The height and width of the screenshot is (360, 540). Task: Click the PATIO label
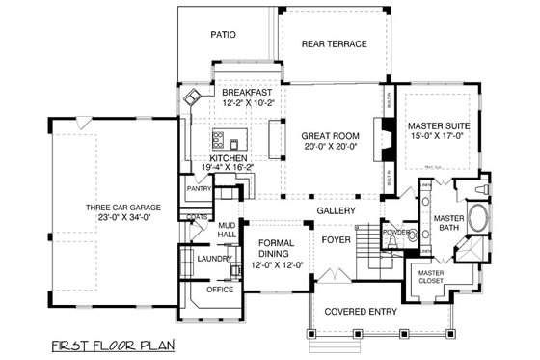point(224,34)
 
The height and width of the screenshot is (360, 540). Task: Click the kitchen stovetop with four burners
point(219,137)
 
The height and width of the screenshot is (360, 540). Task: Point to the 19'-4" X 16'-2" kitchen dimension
point(229,168)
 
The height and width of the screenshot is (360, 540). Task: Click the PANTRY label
point(199,190)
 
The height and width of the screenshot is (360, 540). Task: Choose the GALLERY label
point(336,210)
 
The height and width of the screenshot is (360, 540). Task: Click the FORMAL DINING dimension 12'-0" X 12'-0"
point(277,264)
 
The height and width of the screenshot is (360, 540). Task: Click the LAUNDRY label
point(210,259)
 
